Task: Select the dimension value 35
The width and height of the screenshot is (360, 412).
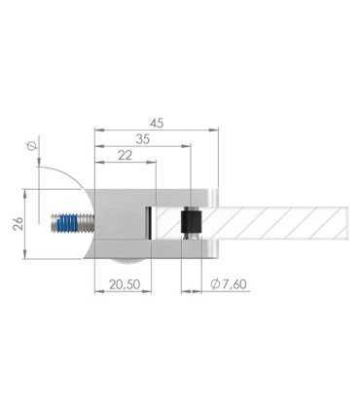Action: (144, 139)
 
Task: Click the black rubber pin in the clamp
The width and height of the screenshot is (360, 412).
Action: (191, 223)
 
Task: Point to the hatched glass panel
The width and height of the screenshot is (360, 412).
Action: (282, 223)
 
